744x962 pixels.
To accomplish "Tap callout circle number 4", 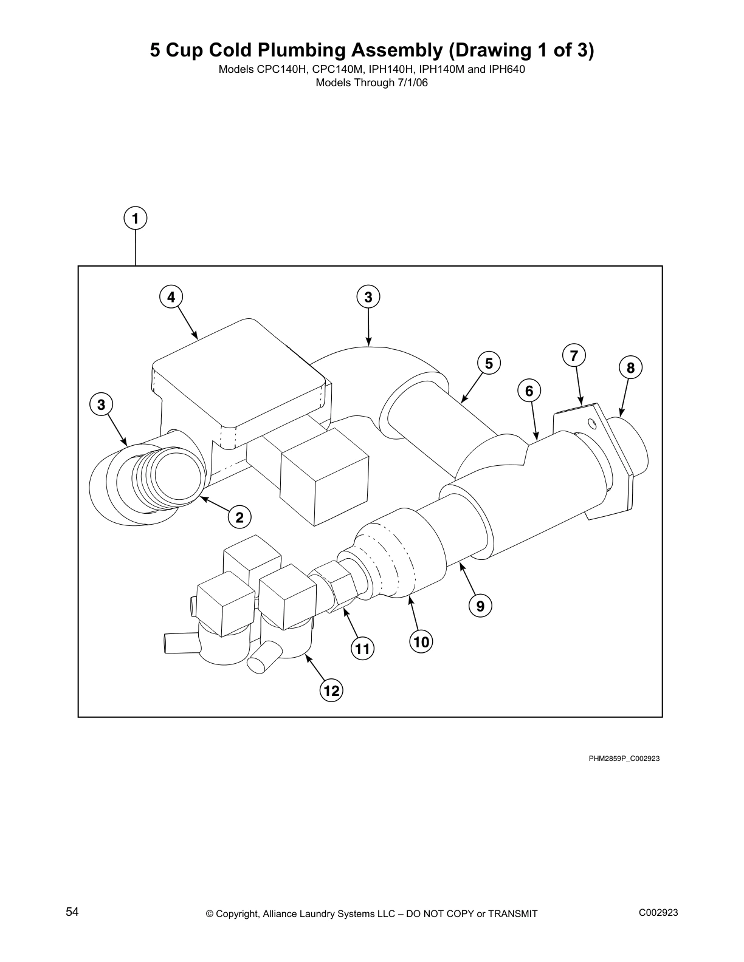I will point(171,297).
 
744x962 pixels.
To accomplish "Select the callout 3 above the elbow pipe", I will point(368,297).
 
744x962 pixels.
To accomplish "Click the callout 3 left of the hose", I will point(102,404).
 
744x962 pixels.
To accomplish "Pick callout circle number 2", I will point(239,517).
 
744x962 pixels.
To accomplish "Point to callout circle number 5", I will point(488,363).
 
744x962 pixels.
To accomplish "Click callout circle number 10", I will point(421,641).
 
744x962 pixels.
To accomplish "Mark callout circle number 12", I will point(331,691).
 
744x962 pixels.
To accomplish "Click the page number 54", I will point(72,912).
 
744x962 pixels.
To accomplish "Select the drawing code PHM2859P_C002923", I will point(624,759).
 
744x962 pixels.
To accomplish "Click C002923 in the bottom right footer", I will point(658,913).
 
